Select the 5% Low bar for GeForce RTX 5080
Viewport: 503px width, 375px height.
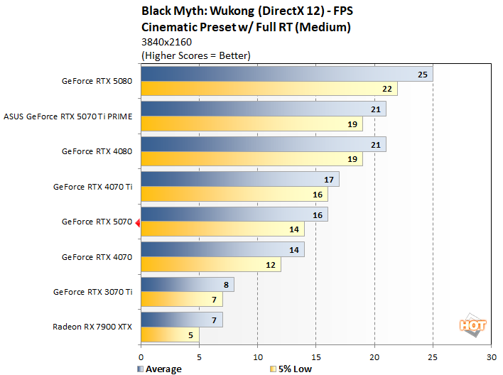pyautogui.click(x=269, y=89)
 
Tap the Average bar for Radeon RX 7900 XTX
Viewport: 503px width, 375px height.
pyautogui.click(x=182, y=320)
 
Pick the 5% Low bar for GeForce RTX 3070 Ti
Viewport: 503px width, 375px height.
pyautogui.click(x=182, y=299)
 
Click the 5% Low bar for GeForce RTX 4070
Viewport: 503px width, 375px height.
pyautogui.click(x=211, y=264)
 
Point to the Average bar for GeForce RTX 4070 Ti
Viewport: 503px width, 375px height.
pyautogui.click(x=240, y=179)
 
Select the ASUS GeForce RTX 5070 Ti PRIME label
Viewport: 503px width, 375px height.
pyautogui.click(x=68, y=116)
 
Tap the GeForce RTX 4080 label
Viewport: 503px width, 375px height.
pyautogui.click(x=97, y=151)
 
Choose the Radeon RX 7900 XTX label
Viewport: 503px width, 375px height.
pyautogui.click(x=92, y=327)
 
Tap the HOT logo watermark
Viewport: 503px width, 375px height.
pyautogui.click(x=473, y=325)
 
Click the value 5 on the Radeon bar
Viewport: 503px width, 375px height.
pyautogui.click(x=189, y=335)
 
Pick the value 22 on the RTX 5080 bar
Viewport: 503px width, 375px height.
pyautogui.click(x=387, y=89)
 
